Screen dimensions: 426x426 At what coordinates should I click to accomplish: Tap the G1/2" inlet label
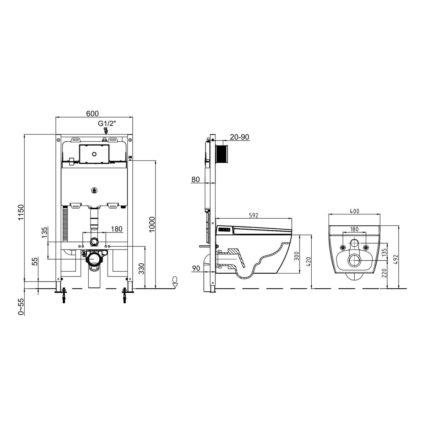click(107, 123)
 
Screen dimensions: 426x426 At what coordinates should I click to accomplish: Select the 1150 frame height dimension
click(21, 212)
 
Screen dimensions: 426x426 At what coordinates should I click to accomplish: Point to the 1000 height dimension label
click(152, 224)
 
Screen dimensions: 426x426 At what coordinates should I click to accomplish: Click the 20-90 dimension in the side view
click(239, 137)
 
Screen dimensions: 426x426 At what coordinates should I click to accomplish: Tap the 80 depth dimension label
click(195, 179)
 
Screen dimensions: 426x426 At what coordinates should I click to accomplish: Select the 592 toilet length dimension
click(253, 215)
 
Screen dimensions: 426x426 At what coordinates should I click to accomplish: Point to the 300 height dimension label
click(297, 256)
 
